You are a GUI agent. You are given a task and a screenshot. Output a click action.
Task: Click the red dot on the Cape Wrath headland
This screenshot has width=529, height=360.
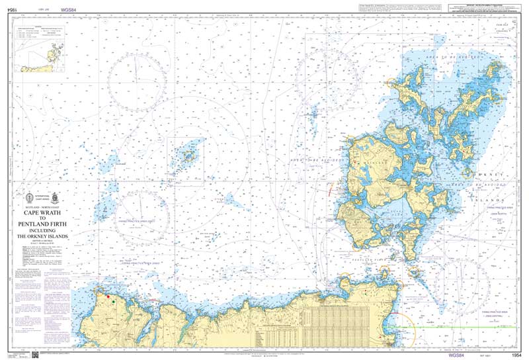tap(108, 296)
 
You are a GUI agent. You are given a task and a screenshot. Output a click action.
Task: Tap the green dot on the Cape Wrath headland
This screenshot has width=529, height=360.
tap(114, 301)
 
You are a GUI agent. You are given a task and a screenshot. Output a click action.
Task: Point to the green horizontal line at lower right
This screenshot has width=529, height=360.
tap(463, 327)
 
